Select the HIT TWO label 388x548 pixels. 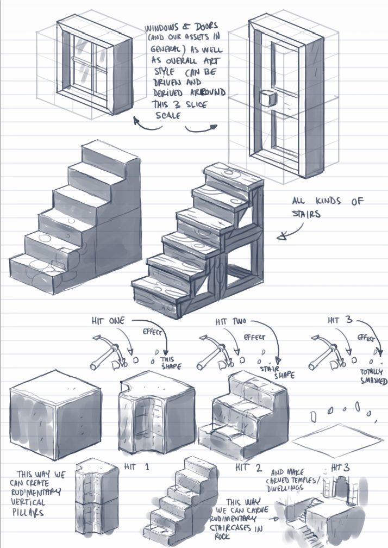(x=224, y=321)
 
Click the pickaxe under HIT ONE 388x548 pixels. (x=106, y=354)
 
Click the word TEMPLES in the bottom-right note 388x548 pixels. (x=310, y=482)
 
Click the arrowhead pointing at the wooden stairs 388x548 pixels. (x=282, y=237)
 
